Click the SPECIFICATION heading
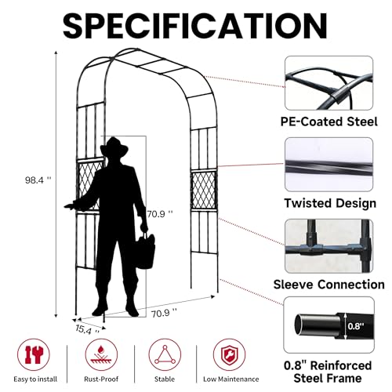(195, 27)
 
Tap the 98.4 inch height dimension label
(38, 180)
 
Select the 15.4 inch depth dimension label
(87, 330)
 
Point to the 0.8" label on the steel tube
(356, 326)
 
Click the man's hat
(114, 147)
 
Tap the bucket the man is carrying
(145, 250)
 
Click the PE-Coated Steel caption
(328, 122)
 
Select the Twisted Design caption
(330, 203)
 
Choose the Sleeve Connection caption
(328, 285)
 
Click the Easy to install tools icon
(34, 354)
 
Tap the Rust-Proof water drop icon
(101, 354)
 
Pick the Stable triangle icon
(165, 354)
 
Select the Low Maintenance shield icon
(229, 354)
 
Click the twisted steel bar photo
(328, 165)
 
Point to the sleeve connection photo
(328, 246)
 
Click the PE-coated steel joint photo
(328, 83)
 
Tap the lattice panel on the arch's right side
(204, 190)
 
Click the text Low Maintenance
(231, 379)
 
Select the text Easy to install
(35, 379)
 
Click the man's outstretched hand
(70, 206)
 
